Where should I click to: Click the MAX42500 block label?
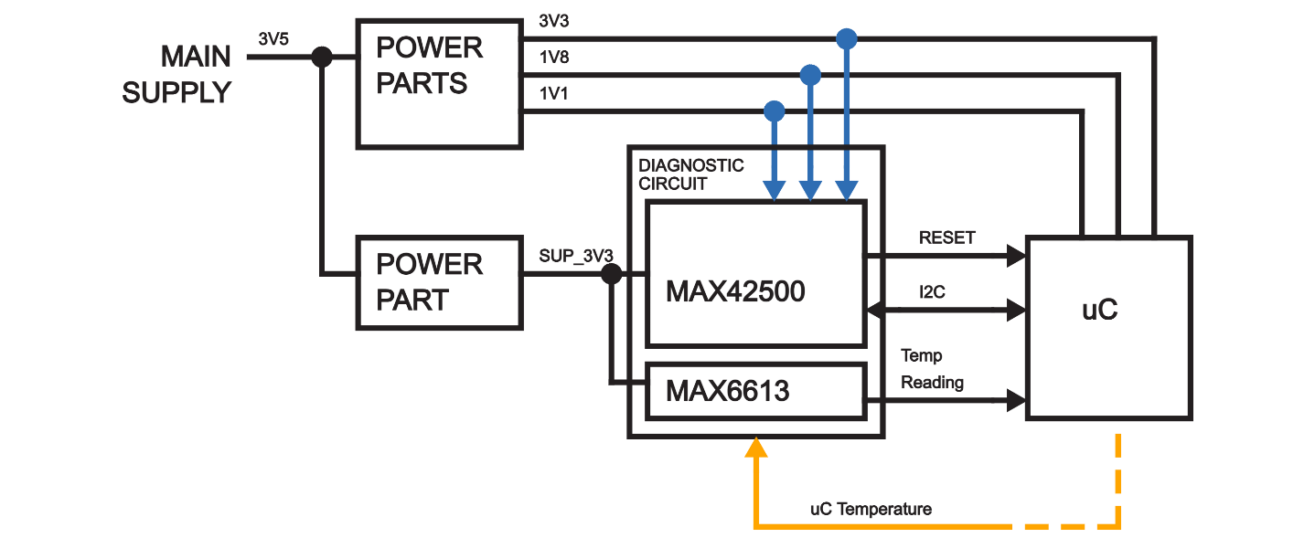pos(735,291)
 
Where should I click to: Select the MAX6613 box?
pos(756,391)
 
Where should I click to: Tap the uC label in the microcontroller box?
pos(1099,310)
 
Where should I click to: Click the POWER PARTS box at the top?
pos(438,83)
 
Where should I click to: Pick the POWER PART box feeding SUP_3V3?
pos(438,283)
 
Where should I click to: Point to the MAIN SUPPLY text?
pos(177,74)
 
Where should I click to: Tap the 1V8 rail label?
pos(554,58)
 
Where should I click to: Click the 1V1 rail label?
pos(554,93)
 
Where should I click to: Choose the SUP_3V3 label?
pos(575,256)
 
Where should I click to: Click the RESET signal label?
pos(946,237)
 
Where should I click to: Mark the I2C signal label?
pos(934,293)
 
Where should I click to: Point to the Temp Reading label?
pos(932,369)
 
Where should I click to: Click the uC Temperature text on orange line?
pos(871,509)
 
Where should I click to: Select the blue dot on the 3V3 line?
pos(847,38)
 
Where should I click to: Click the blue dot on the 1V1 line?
pos(774,111)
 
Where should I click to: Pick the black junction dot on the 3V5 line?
pos(322,57)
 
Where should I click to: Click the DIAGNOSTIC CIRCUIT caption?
pos(691,174)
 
